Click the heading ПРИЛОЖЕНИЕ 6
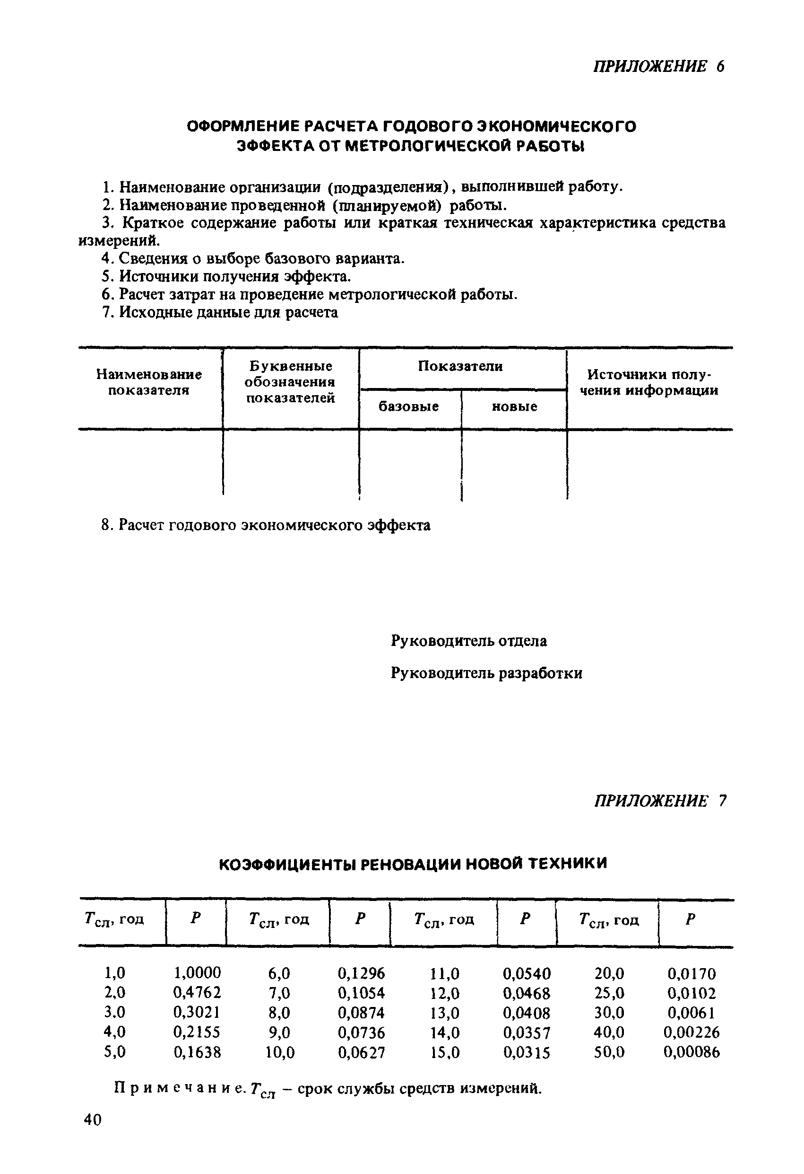(x=658, y=66)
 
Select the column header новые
(x=514, y=406)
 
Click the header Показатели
(x=460, y=366)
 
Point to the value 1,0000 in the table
(x=197, y=972)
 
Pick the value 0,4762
(x=197, y=993)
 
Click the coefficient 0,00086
(x=691, y=1052)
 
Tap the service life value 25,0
(x=609, y=993)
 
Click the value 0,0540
(x=527, y=973)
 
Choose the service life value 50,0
(x=609, y=1052)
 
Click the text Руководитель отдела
(x=468, y=641)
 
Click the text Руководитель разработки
(x=486, y=673)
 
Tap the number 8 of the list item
(x=105, y=525)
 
